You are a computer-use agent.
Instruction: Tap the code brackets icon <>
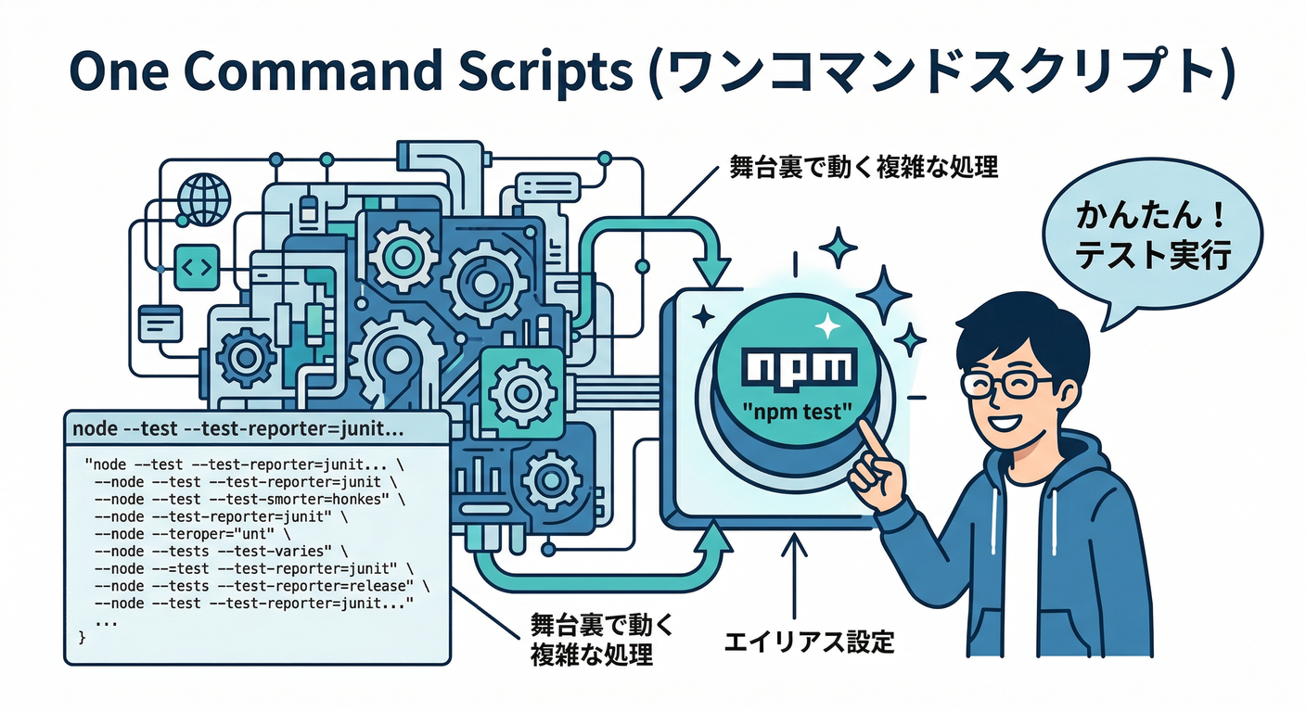196,267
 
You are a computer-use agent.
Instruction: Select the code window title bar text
237,430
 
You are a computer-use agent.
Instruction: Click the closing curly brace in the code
83,638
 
